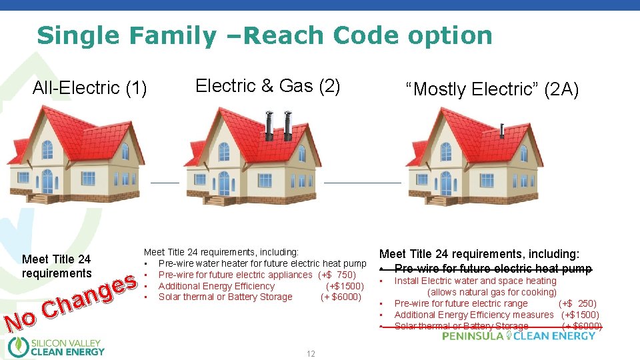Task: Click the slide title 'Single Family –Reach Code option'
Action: click(x=265, y=35)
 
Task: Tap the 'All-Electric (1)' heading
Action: click(x=90, y=87)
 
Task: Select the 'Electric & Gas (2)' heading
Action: click(x=267, y=85)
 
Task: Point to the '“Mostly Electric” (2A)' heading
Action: click(x=493, y=89)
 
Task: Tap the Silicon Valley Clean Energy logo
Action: click(x=57, y=347)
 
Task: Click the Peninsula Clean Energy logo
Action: click(x=519, y=336)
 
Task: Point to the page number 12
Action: click(x=311, y=354)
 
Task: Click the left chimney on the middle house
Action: click(x=269, y=123)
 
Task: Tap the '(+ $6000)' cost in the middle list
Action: click(x=341, y=297)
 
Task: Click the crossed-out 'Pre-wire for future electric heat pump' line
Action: click(x=493, y=269)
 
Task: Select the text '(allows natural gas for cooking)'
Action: click(x=492, y=292)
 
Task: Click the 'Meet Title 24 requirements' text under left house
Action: click(x=56, y=266)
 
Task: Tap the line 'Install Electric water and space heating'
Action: click(x=475, y=281)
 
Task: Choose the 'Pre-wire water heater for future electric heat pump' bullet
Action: click(x=262, y=263)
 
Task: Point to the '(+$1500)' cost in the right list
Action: click(x=580, y=315)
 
